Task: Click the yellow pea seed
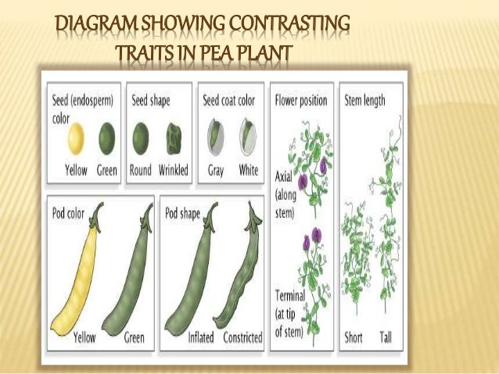[75, 140]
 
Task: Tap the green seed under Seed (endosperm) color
[106, 140]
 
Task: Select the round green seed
[141, 140]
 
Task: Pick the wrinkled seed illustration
[174, 140]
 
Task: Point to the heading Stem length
[364, 101]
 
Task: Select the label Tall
[387, 339]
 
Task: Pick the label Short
[354, 339]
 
